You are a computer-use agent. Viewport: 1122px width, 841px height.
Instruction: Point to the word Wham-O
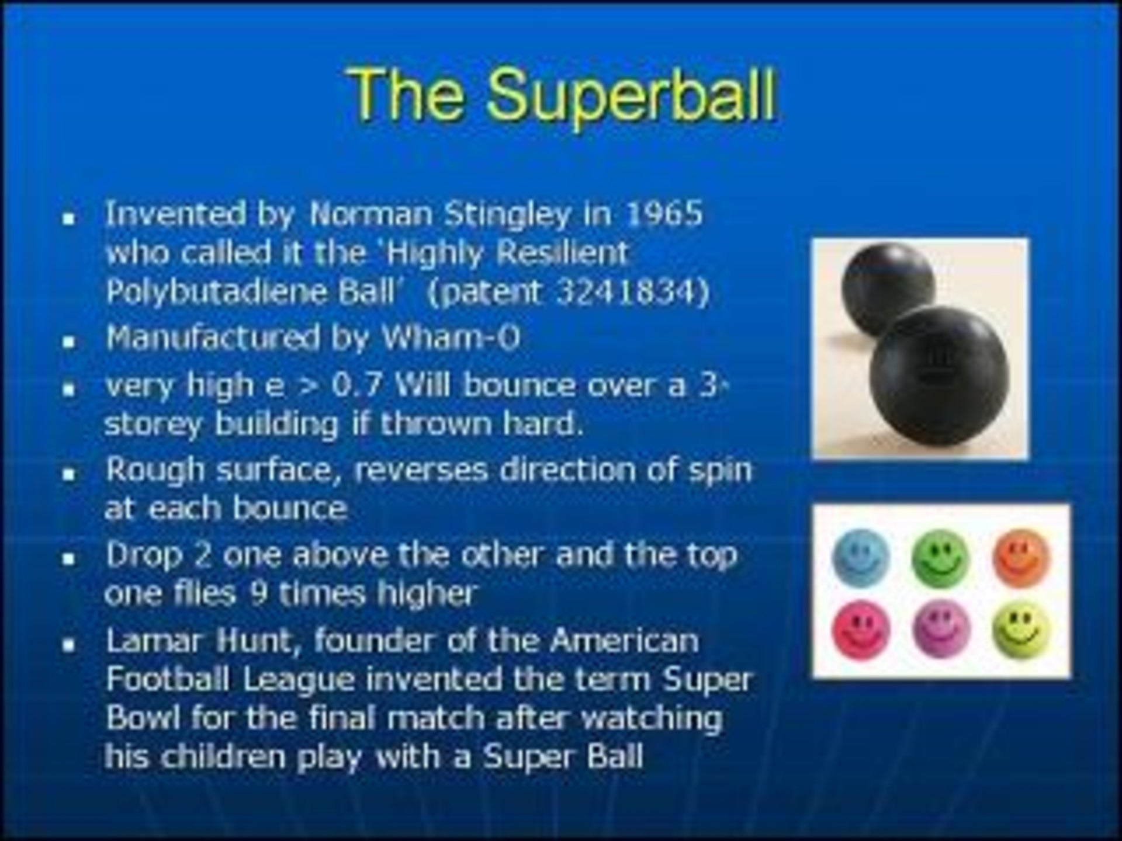[451, 337]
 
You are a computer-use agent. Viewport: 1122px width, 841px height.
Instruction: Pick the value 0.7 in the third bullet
[357, 385]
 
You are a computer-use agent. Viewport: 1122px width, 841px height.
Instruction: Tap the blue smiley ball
[861, 557]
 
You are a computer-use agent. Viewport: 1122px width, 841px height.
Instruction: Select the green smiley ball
[940, 557]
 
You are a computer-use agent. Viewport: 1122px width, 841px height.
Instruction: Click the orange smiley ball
[1021, 557]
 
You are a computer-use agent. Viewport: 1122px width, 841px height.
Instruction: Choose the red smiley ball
[861, 630]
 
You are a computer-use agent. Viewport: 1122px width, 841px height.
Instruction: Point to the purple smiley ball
[940, 630]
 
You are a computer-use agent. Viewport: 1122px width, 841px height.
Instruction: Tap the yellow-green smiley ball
[1021, 630]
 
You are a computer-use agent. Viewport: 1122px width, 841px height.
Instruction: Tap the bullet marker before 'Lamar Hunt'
[70, 645]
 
